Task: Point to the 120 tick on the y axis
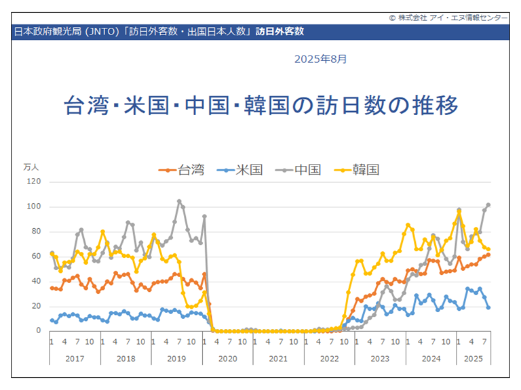(34, 181)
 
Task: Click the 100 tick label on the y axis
(34, 207)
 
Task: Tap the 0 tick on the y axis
(38, 331)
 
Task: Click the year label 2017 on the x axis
(75, 357)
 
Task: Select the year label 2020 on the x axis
(227, 357)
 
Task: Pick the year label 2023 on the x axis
(380, 357)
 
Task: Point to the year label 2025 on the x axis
(474, 357)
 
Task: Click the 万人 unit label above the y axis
(32, 167)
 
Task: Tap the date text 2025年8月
(320, 60)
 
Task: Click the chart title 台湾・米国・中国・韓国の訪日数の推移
(260, 106)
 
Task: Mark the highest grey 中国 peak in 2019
(179, 201)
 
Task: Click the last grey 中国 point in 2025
(488, 204)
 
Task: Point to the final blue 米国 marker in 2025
(488, 307)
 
